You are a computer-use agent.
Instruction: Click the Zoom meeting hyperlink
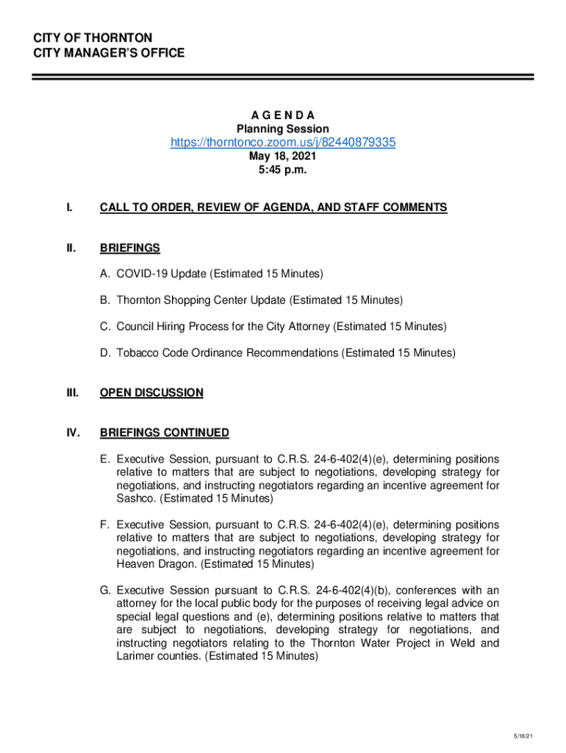[283, 143]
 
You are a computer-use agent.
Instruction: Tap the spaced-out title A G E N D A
[283, 115]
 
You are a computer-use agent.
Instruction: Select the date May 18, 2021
[283, 157]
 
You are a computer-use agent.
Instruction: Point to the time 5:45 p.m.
[283, 170]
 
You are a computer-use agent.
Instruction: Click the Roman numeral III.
[72, 393]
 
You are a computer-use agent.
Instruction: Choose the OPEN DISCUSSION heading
[151, 393]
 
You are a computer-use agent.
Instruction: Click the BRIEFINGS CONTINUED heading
[165, 432]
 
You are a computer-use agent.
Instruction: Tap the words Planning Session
[283, 129]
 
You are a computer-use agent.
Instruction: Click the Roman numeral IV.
[73, 432]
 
